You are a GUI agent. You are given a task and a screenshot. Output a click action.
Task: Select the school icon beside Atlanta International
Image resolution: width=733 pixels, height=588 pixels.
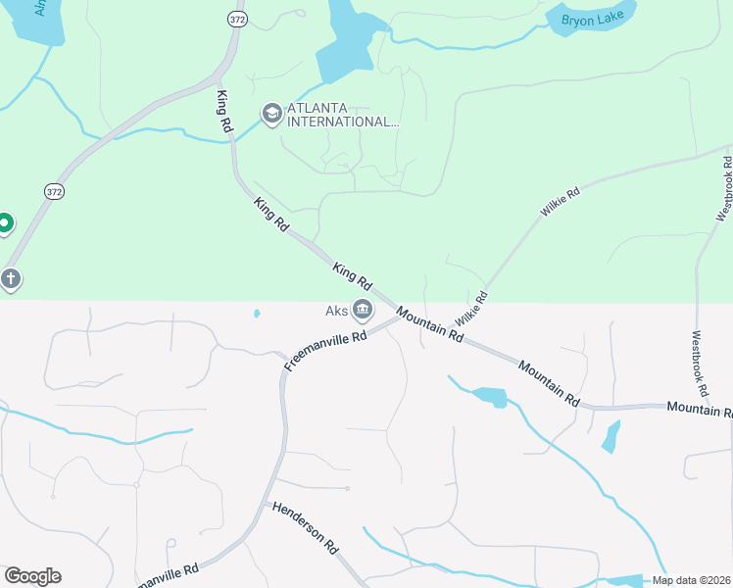pos(270,115)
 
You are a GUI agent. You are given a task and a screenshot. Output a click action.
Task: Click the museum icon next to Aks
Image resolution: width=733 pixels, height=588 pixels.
pos(363,312)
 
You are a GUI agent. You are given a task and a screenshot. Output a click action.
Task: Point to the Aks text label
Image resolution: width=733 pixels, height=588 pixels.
pos(337,312)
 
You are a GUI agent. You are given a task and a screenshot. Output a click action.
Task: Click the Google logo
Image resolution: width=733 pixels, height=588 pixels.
pos(32,576)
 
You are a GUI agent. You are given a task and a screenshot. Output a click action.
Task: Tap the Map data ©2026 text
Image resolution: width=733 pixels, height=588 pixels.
pos(692,580)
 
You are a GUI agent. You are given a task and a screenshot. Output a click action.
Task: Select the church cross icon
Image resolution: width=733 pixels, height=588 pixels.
pos(11,279)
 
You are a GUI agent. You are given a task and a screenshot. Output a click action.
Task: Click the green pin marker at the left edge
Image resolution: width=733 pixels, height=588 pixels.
pos(4,224)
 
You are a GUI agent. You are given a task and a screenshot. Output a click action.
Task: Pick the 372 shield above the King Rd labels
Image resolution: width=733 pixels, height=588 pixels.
pos(236,19)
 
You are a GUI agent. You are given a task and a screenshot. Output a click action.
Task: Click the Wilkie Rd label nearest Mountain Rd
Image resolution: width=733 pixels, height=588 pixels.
pos(470,308)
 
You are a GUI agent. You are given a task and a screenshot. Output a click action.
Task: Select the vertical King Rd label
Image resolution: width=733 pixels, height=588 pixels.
pos(224,110)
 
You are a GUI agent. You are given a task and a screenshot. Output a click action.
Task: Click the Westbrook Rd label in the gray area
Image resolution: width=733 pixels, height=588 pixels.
pos(699,362)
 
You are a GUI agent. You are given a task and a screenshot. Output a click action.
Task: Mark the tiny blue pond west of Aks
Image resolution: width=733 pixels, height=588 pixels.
pos(257,314)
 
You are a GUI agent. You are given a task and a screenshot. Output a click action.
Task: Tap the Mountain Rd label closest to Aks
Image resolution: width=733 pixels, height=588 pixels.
pos(429,323)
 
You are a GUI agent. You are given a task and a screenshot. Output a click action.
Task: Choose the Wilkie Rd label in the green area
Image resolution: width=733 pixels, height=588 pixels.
pos(560,201)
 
